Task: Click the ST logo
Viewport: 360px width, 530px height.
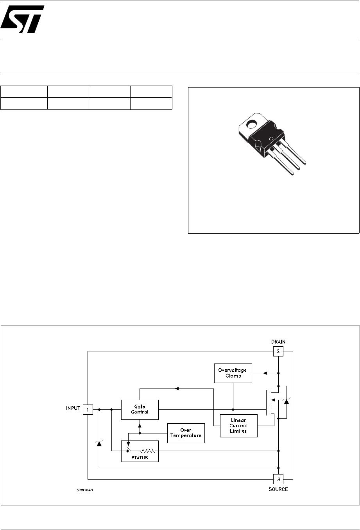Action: click(22, 19)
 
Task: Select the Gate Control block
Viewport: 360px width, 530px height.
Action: click(140, 409)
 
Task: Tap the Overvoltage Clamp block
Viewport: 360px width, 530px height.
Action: click(233, 373)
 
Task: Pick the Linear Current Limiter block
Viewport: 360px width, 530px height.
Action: click(238, 426)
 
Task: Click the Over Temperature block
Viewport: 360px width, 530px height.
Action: click(186, 433)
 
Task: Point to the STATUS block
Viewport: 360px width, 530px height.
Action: click(140, 451)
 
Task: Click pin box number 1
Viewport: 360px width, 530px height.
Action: click(88, 410)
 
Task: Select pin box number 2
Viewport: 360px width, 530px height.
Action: click(278, 351)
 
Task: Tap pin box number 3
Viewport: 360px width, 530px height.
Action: click(278, 479)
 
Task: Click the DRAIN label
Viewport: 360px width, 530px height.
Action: click(278, 342)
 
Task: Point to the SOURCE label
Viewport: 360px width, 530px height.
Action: click(278, 489)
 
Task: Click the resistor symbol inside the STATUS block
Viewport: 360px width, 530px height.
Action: click(148, 451)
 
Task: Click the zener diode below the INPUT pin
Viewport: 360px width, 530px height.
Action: click(99, 443)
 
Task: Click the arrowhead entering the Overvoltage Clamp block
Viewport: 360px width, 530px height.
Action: click(265, 373)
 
